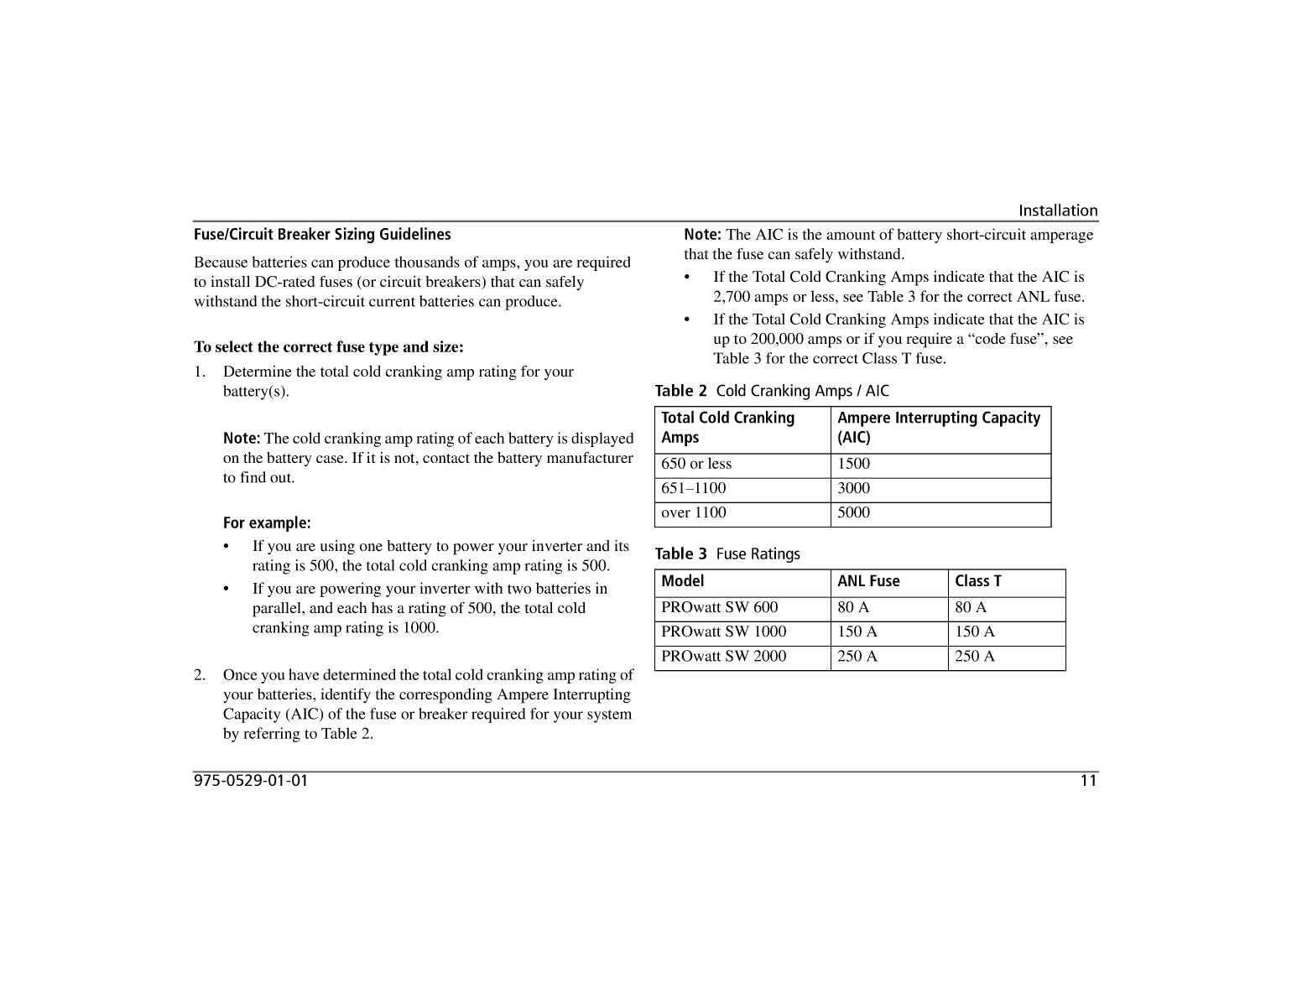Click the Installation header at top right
(x=1057, y=211)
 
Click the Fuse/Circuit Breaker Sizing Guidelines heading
(x=322, y=235)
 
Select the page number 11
(x=1088, y=781)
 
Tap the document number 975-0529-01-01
(x=251, y=781)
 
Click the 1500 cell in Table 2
(x=854, y=464)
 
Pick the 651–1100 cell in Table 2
(x=694, y=488)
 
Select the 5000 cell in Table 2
(x=854, y=512)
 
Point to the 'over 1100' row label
(x=694, y=512)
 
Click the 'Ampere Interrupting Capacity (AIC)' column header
(x=938, y=428)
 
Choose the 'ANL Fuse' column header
(x=868, y=581)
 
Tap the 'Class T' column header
(x=978, y=581)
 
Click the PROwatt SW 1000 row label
(x=723, y=632)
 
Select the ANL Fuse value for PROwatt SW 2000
(x=857, y=656)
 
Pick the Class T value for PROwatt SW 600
(x=971, y=607)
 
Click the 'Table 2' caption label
(x=680, y=391)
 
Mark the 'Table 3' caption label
(x=680, y=554)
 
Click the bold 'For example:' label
(x=267, y=523)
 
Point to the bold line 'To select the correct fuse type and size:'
(x=328, y=347)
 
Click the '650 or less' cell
(x=696, y=464)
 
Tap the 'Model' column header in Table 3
(x=683, y=581)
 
